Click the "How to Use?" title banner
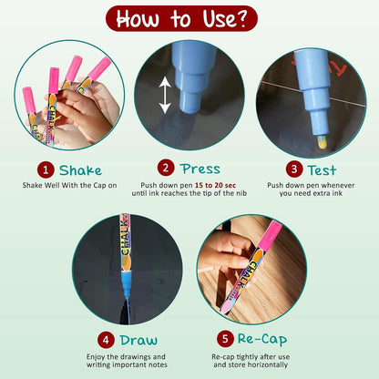[x=181, y=19]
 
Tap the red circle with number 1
[x=46, y=169]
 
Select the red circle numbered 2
[x=166, y=168]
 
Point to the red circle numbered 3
[x=294, y=169]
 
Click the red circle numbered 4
[x=106, y=340]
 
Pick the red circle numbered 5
[x=225, y=339]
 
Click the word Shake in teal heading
[x=80, y=170]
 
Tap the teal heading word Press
[x=200, y=169]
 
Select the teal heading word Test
[x=322, y=170]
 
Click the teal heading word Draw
[x=138, y=340]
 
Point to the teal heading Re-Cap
[x=262, y=339]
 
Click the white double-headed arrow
[x=165, y=95]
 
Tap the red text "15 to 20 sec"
[x=215, y=185]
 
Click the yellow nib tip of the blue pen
[x=323, y=142]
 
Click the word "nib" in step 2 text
[x=241, y=193]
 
